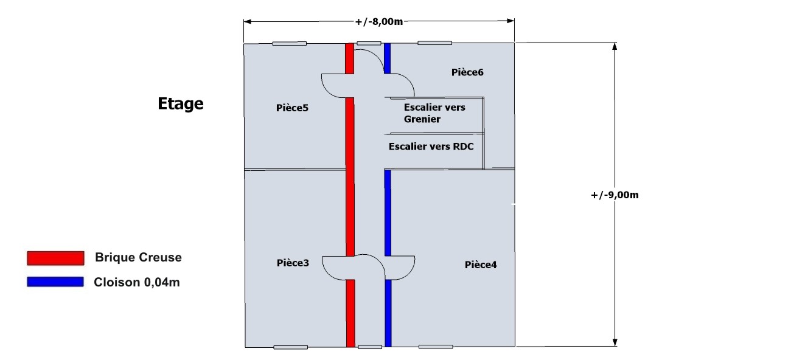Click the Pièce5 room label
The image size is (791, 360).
coord(292,108)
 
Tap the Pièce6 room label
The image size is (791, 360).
coord(467,72)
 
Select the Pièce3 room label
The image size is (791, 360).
coord(293,263)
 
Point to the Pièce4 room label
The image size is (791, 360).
coord(481,265)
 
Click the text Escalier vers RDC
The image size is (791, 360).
coord(431,147)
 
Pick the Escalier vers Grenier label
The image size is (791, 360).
coord(434,113)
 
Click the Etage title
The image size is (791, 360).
coord(181,104)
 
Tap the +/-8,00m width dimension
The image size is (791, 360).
coord(379,22)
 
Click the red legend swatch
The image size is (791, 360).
coord(55,258)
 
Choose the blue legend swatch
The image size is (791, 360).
coord(55,282)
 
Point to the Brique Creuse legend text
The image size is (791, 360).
coord(138,257)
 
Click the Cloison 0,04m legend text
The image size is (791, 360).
coord(137,282)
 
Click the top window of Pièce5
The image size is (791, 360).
coord(289,43)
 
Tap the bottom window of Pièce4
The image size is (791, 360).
coord(436,347)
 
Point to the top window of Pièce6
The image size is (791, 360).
coord(434,43)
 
